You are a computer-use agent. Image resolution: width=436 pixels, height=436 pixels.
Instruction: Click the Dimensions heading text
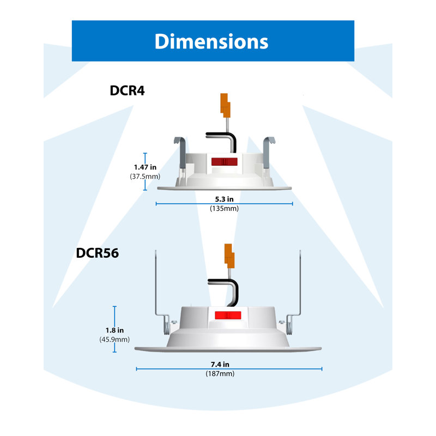pyautogui.click(x=211, y=41)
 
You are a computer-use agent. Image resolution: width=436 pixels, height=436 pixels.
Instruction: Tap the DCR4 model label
pyautogui.click(x=127, y=90)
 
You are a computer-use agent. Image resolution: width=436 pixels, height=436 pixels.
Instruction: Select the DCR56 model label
pyautogui.click(x=98, y=253)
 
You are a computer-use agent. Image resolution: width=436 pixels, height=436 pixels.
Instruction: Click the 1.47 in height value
pyautogui.click(x=145, y=167)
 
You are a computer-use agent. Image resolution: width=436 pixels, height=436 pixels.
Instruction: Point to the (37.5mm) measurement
pyautogui.click(x=145, y=176)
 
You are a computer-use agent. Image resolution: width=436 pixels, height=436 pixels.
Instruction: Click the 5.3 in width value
pyautogui.click(x=224, y=199)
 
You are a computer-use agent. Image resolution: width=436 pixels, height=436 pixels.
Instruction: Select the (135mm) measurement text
pyautogui.click(x=224, y=208)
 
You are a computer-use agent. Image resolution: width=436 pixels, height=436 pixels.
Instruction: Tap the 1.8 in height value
pyautogui.click(x=114, y=330)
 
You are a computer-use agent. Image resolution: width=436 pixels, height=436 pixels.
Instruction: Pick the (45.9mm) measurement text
pyautogui.click(x=114, y=339)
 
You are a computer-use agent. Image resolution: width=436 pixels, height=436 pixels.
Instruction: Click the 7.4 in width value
pyautogui.click(x=220, y=364)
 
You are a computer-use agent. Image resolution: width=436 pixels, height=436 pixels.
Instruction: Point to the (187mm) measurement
pyautogui.click(x=220, y=373)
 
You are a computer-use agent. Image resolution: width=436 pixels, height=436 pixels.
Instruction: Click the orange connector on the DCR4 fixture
pyautogui.click(x=225, y=105)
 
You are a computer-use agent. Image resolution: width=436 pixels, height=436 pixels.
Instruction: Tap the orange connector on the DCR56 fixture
pyautogui.click(x=229, y=256)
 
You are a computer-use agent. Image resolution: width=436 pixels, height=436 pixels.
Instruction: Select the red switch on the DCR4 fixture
pyautogui.click(x=225, y=161)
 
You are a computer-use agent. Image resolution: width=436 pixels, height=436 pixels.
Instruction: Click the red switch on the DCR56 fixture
pyautogui.click(x=228, y=316)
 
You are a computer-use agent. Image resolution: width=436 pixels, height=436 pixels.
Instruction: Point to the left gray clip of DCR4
pyautogui.click(x=181, y=153)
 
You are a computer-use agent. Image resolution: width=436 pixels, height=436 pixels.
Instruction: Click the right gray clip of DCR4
pyautogui.click(x=268, y=153)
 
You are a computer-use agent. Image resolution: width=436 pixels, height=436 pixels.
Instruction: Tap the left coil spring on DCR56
pyautogui.click(x=166, y=325)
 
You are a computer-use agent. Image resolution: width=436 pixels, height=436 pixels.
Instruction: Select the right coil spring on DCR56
pyautogui.click(x=289, y=325)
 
